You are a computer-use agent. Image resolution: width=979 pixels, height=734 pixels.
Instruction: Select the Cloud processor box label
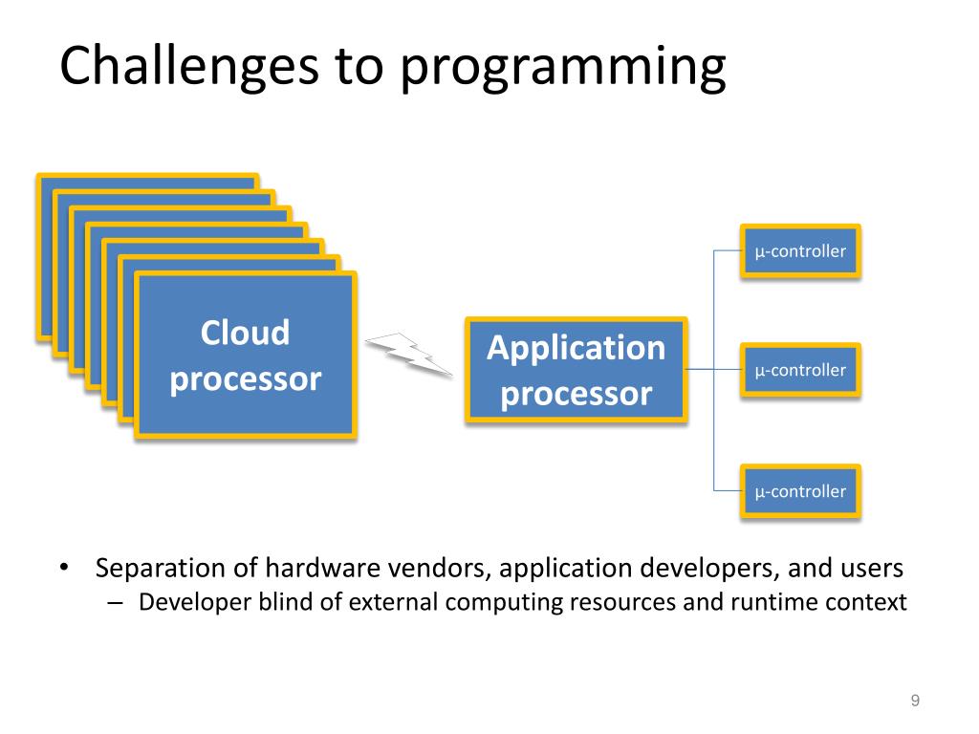[246, 356]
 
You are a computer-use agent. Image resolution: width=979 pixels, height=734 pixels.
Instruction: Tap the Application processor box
[577, 370]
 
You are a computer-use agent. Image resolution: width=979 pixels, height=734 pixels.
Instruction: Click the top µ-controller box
[800, 251]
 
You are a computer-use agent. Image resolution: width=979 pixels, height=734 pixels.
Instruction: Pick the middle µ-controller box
[800, 370]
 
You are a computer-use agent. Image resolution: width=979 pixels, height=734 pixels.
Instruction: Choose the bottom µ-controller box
[800, 491]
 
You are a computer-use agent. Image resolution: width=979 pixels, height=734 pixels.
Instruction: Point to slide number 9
[915, 702]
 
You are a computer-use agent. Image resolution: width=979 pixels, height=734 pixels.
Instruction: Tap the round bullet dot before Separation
[64, 570]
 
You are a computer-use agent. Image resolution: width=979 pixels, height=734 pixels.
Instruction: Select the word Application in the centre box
[577, 348]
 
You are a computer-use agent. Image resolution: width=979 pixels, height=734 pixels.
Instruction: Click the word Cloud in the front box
[246, 333]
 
